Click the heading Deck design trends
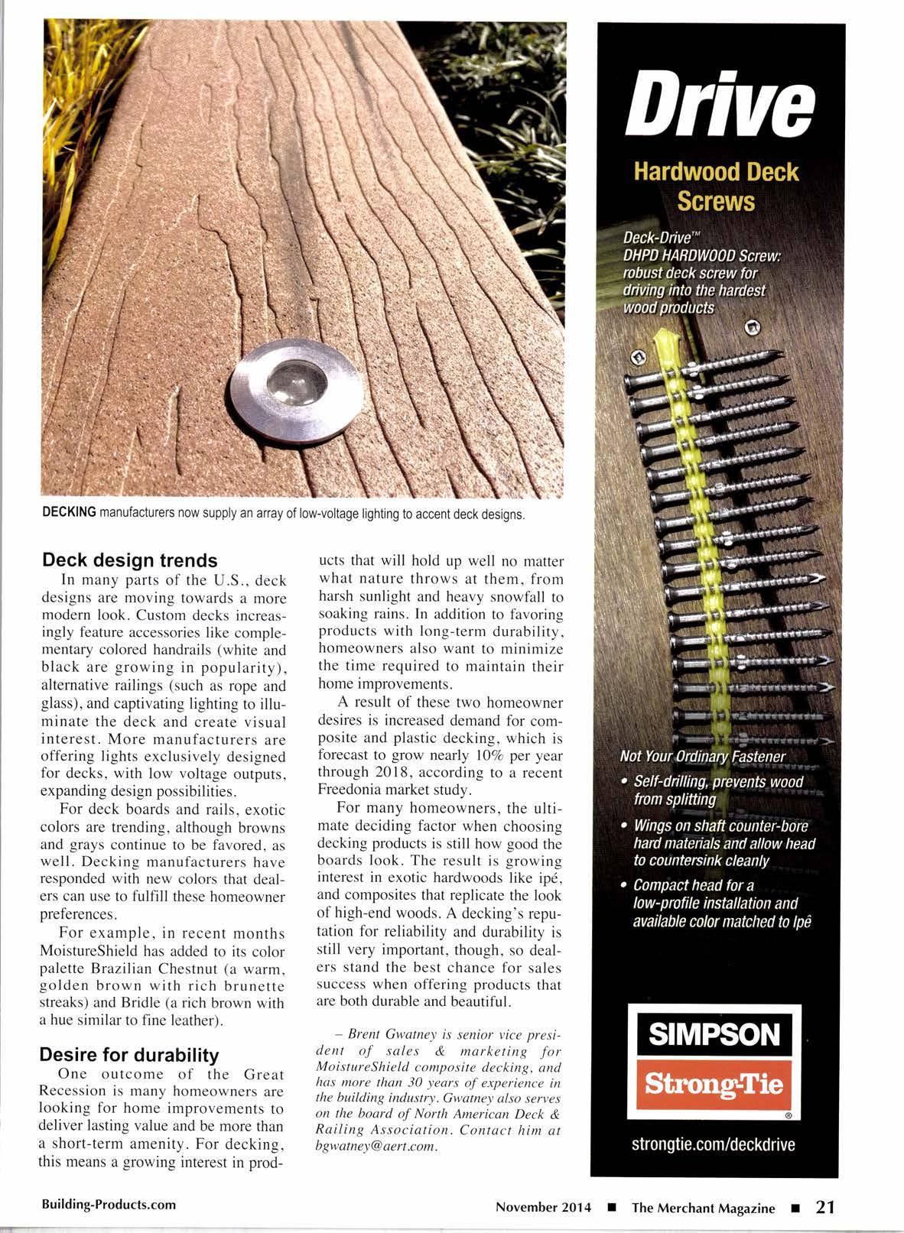(129, 560)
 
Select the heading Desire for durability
(129, 1055)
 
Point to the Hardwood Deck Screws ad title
(716, 186)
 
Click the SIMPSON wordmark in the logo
(715, 1035)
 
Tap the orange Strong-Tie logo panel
(715, 1084)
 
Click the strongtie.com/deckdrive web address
(714, 1144)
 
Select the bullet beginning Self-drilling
(716, 790)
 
